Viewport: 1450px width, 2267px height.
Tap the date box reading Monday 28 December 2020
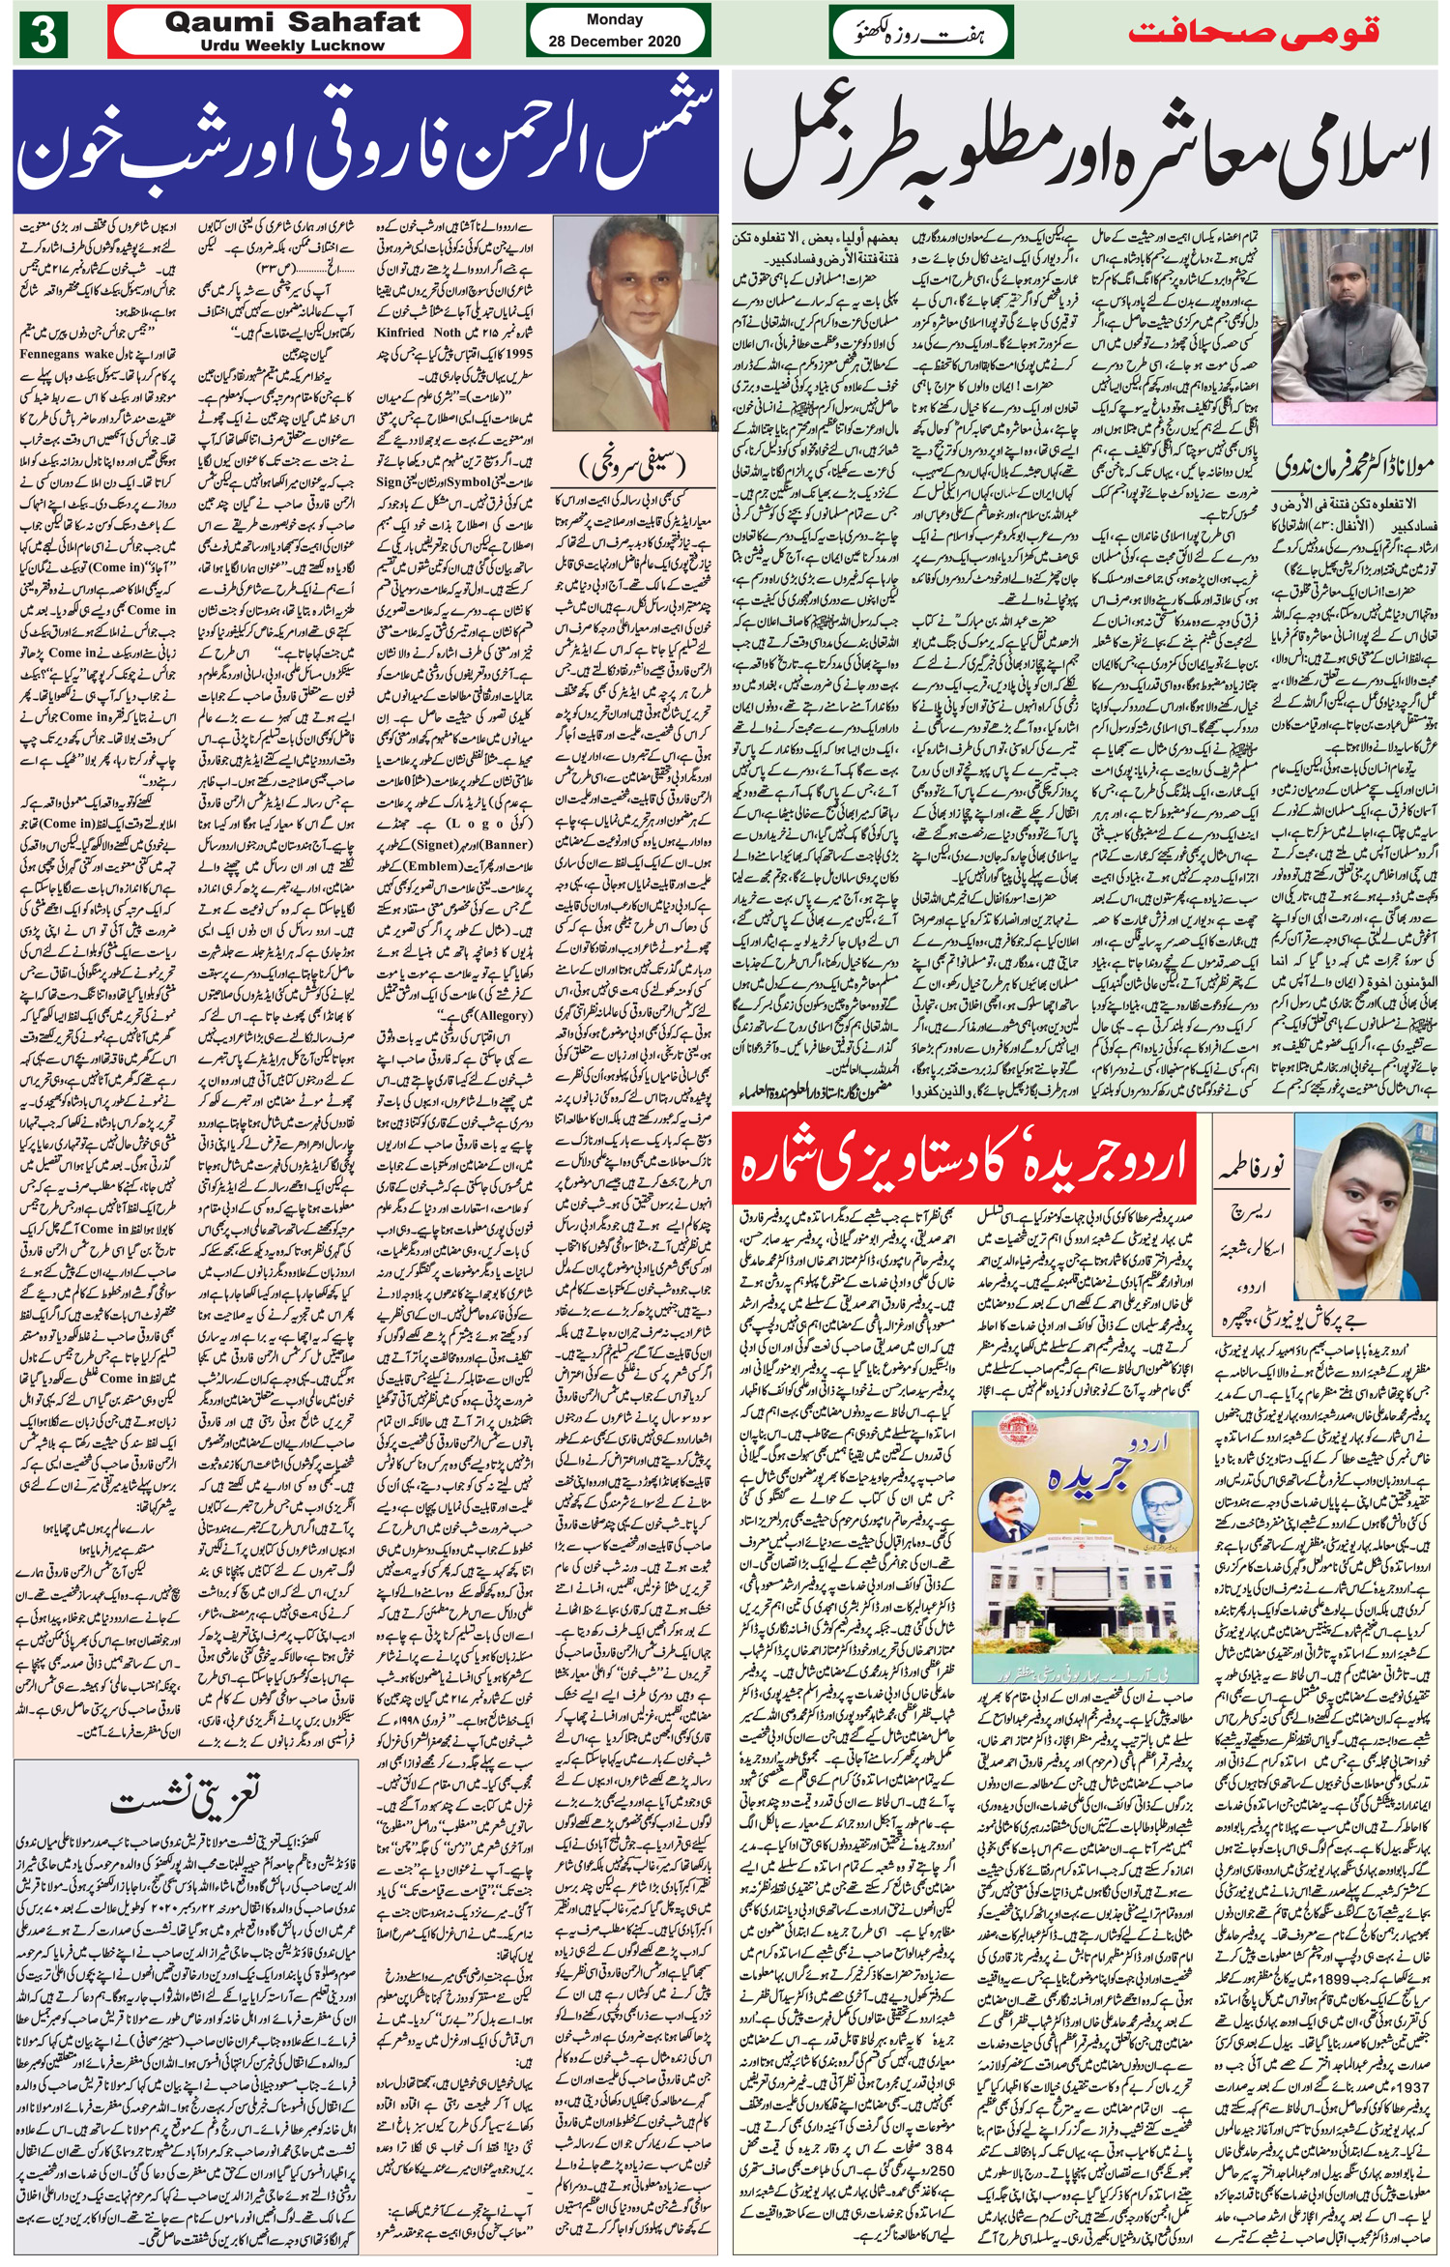614,31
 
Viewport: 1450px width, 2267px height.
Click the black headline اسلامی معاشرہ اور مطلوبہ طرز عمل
1087,151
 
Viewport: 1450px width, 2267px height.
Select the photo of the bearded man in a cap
1351,325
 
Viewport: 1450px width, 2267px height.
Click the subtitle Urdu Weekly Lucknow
292,45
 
